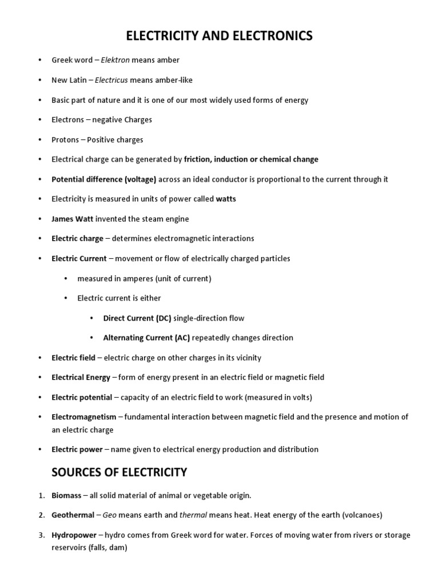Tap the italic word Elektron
point(115,60)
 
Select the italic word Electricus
point(113,80)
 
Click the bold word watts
point(226,199)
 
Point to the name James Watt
point(73,219)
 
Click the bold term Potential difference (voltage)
point(104,179)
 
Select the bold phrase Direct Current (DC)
point(137,318)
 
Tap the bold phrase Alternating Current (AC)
point(147,338)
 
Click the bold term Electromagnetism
point(84,417)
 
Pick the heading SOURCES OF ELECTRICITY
point(119,472)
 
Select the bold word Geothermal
point(73,515)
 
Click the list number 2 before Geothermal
point(42,515)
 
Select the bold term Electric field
point(73,358)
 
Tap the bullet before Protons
point(40,139)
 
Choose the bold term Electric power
point(77,450)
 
